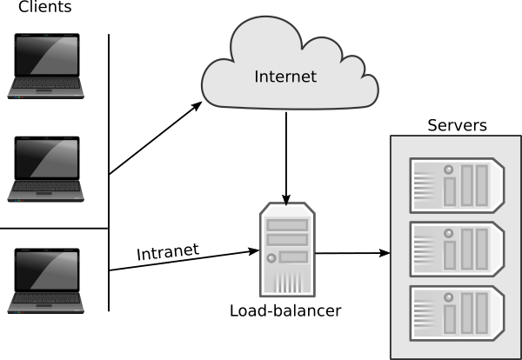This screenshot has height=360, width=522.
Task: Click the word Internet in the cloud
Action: pos(285,77)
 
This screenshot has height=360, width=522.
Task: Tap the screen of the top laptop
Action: pos(46,57)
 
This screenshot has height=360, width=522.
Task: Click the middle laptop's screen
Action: pos(46,159)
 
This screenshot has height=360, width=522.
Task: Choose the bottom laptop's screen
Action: pos(46,272)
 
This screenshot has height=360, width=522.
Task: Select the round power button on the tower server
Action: pos(272,258)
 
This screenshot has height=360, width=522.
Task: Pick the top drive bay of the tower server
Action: pos(287,225)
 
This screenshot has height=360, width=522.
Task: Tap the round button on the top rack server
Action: pos(450,169)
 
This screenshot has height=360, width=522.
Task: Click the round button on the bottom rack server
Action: pos(450,296)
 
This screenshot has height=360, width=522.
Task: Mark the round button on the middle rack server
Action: pos(450,232)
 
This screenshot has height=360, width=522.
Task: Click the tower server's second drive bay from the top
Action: pos(287,240)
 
